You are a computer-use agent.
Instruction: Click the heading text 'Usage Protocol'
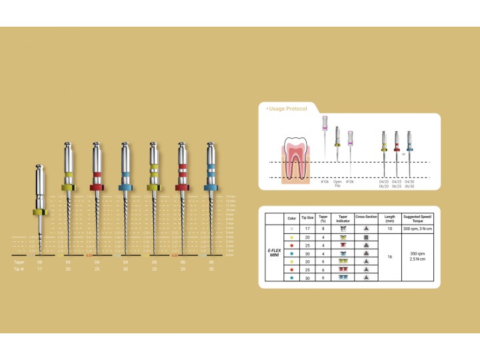[x=287, y=108]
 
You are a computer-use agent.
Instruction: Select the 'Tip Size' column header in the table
[x=308, y=217]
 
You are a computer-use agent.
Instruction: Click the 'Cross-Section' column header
[x=367, y=217]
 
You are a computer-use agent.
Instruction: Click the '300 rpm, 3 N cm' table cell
[x=418, y=229]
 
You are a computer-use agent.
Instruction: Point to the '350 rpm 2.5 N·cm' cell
[x=418, y=256]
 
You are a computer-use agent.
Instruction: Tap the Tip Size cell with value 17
[x=308, y=229]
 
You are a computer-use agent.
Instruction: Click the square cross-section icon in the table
[x=367, y=237]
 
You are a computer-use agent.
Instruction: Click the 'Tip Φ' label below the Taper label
[x=20, y=271]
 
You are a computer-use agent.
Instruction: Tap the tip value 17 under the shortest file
[x=39, y=271]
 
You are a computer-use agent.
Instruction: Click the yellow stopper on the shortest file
[x=39, y=213]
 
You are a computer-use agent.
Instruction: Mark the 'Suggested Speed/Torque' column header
[x=418, y=217]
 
